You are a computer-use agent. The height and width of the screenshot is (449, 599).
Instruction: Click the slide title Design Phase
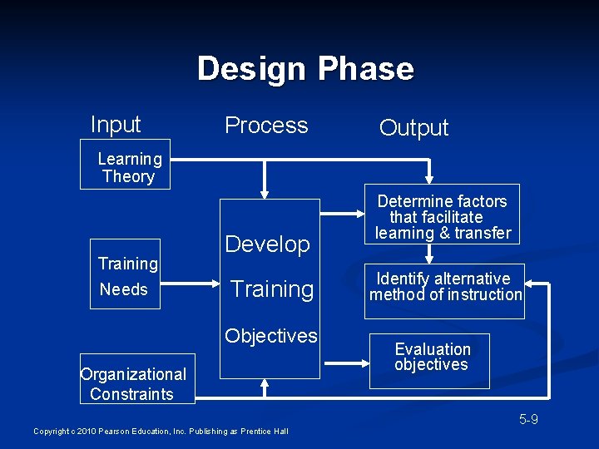[x=305, y=68]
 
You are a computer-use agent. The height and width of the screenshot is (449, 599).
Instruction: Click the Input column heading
[x=116, y=125]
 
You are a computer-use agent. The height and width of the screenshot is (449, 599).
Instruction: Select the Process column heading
[x=266, y=125]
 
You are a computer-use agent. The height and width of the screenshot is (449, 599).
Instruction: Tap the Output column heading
[x=413, y=127]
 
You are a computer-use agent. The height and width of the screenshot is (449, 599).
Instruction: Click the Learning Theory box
[x=129, y=167]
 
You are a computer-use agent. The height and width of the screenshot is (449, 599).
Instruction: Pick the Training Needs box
[x=126, y=276]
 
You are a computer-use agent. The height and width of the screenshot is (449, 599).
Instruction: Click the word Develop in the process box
[x=267, y=244]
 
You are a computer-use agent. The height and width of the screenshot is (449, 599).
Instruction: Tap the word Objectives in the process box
[x=271, y=336]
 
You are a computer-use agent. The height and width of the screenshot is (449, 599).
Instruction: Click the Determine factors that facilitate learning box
[x=442, y=216]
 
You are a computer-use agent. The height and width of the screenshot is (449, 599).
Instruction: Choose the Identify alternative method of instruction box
[x=446, y=287]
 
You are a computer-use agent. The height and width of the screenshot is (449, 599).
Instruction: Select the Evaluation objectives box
[x=432, y=358]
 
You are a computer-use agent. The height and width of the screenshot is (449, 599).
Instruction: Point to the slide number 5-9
[x=528, y=419]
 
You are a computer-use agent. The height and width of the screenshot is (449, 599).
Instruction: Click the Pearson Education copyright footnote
[x=161, y=431]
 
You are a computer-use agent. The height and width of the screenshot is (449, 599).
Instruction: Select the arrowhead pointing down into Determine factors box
[x=430, y=178]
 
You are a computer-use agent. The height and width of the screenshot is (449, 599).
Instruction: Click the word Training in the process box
[x=272, y=289]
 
